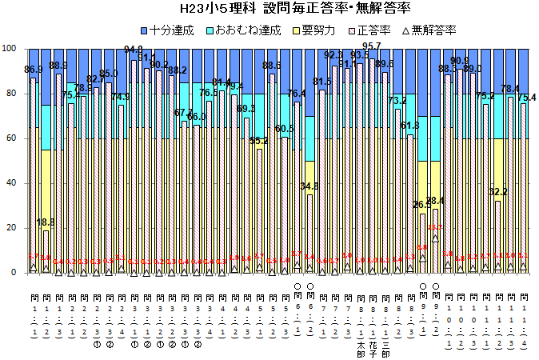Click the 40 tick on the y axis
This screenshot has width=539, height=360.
[x=11, y=183]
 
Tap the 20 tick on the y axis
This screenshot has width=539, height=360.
[x=11, y=228]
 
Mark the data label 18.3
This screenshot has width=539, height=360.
[x=46, y=223]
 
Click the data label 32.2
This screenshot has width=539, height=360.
[x=498, y=192]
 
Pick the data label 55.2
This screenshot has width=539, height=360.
[x=259, y=141]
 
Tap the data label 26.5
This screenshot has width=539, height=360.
[x=421, y=205]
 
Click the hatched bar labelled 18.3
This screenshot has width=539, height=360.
[x=46, y=252]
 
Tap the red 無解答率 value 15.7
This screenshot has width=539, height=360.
[x=434, y=228]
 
